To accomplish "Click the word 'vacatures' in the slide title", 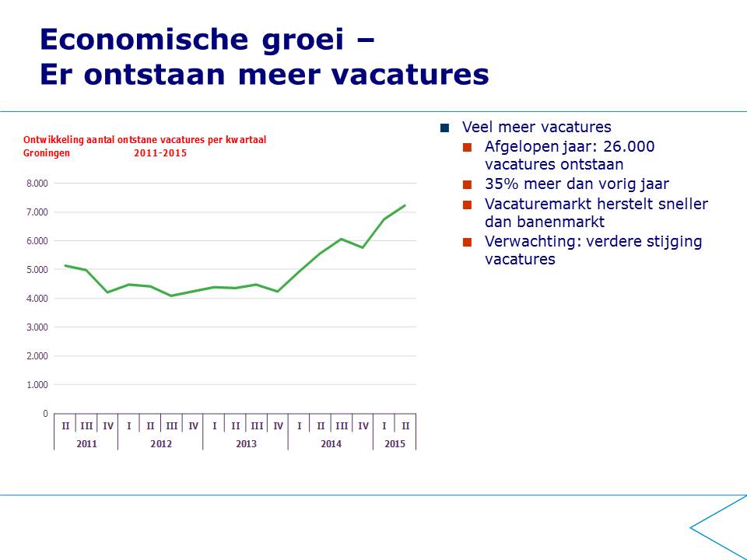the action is point(411,75).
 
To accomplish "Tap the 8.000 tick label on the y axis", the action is point(37,184).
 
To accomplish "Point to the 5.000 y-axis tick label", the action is point(37,270).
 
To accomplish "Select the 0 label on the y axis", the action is point(45,413).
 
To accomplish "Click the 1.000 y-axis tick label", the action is point(37,385).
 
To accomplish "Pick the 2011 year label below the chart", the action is point(86,444).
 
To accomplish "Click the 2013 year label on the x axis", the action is point(246,444).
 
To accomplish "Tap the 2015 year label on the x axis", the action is point(395,444).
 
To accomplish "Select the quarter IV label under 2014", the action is point(363,425).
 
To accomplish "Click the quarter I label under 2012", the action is point(128,425).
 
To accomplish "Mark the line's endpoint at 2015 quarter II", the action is point(405,205).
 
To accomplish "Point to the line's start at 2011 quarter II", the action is point(65,265).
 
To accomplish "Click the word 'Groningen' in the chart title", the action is point(47,153).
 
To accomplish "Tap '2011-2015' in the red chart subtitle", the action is point(160,153).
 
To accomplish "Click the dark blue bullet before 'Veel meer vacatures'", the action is point(445,128).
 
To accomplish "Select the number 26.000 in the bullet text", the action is point(629,147).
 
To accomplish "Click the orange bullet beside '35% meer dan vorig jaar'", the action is point(467,184).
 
